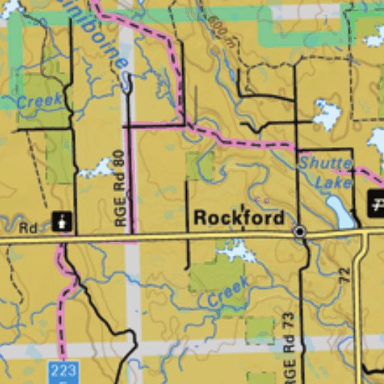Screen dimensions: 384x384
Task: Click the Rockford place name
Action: (x=239, y=218)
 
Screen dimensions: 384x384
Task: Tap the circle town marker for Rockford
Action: (x=299, y=232)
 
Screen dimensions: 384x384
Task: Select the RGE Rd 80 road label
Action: (x=120, y=187)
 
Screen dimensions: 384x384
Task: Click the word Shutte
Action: (x=325, y=163)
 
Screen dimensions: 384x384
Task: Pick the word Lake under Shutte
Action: (x=333, y=181)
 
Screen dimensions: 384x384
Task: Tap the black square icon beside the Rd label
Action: (x=61, y=221)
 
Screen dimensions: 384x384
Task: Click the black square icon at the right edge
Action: (x=376, y=203)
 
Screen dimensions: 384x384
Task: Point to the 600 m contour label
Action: (x=218, y=31)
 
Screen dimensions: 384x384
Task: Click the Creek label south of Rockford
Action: (x=228, y=292)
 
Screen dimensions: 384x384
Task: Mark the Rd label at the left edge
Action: (x=28, y=226)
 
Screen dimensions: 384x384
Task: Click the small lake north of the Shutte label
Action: (x=326, y=114)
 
